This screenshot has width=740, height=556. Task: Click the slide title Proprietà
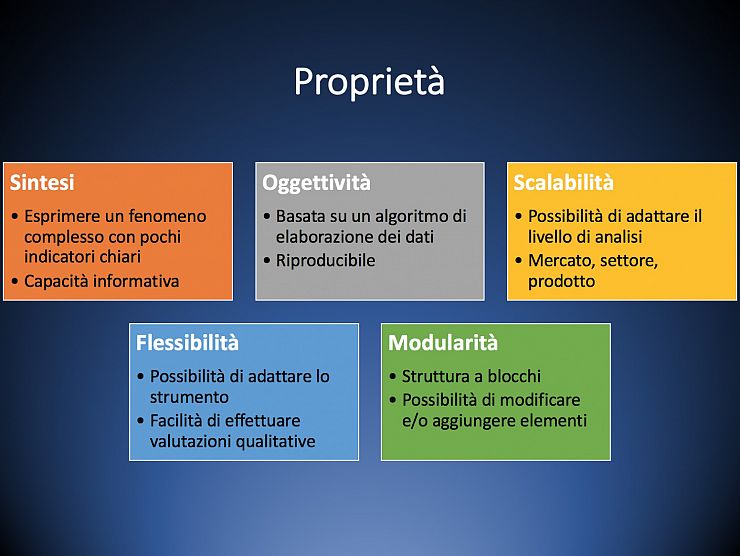tap(369, 82)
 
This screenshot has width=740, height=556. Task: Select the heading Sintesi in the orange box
tap(42, 183)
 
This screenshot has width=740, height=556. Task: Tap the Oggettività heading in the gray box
tap(316, 183)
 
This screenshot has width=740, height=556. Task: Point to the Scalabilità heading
tap(563, 183)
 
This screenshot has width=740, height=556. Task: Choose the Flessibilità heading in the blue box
tap(187, 343)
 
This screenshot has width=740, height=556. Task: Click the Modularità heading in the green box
tap(443, 343)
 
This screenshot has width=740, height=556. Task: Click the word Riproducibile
tap(326, 261)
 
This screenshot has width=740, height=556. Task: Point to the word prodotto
tap(561, 282)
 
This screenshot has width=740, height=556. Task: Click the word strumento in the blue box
tap(189, 397)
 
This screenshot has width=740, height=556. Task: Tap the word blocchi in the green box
tap(514, 376)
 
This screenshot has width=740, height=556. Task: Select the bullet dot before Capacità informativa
tap(15, 282)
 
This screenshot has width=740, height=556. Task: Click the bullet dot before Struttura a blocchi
tap(393, 377)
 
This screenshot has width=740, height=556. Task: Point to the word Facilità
tap(176, 421)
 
